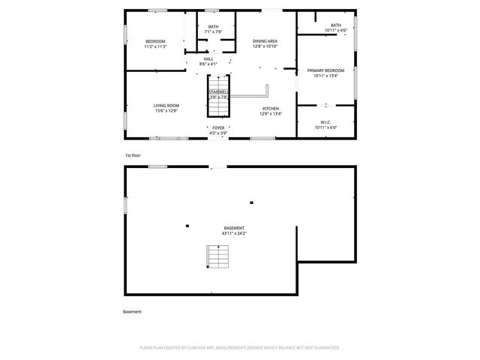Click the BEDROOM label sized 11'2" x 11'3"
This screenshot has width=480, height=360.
coord(155,41)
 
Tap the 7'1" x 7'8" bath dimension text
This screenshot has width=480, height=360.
coord(214,32)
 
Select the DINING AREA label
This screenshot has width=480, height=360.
coord(265,41)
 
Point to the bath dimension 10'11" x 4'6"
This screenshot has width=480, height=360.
coord(335,30)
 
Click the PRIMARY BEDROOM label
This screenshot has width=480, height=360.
coord(325,70)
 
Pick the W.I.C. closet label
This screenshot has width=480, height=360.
coord(325,121)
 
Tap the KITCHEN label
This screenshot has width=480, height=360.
coord(271,108)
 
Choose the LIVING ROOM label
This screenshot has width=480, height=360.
coord(166,106)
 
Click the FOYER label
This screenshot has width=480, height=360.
coord(218,128)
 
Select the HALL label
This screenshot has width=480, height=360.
coord(208,58)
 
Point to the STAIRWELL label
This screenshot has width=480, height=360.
coord(218,91)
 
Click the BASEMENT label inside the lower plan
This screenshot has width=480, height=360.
coord(234,228)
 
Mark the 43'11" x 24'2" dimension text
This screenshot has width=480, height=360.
coord(234,233)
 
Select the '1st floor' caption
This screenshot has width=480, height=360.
coord(133,154)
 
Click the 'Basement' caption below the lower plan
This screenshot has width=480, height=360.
coord(132,311)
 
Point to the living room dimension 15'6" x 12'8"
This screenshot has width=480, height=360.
coord(166,111)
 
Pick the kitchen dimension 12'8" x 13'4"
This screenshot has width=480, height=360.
coord(271,113)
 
